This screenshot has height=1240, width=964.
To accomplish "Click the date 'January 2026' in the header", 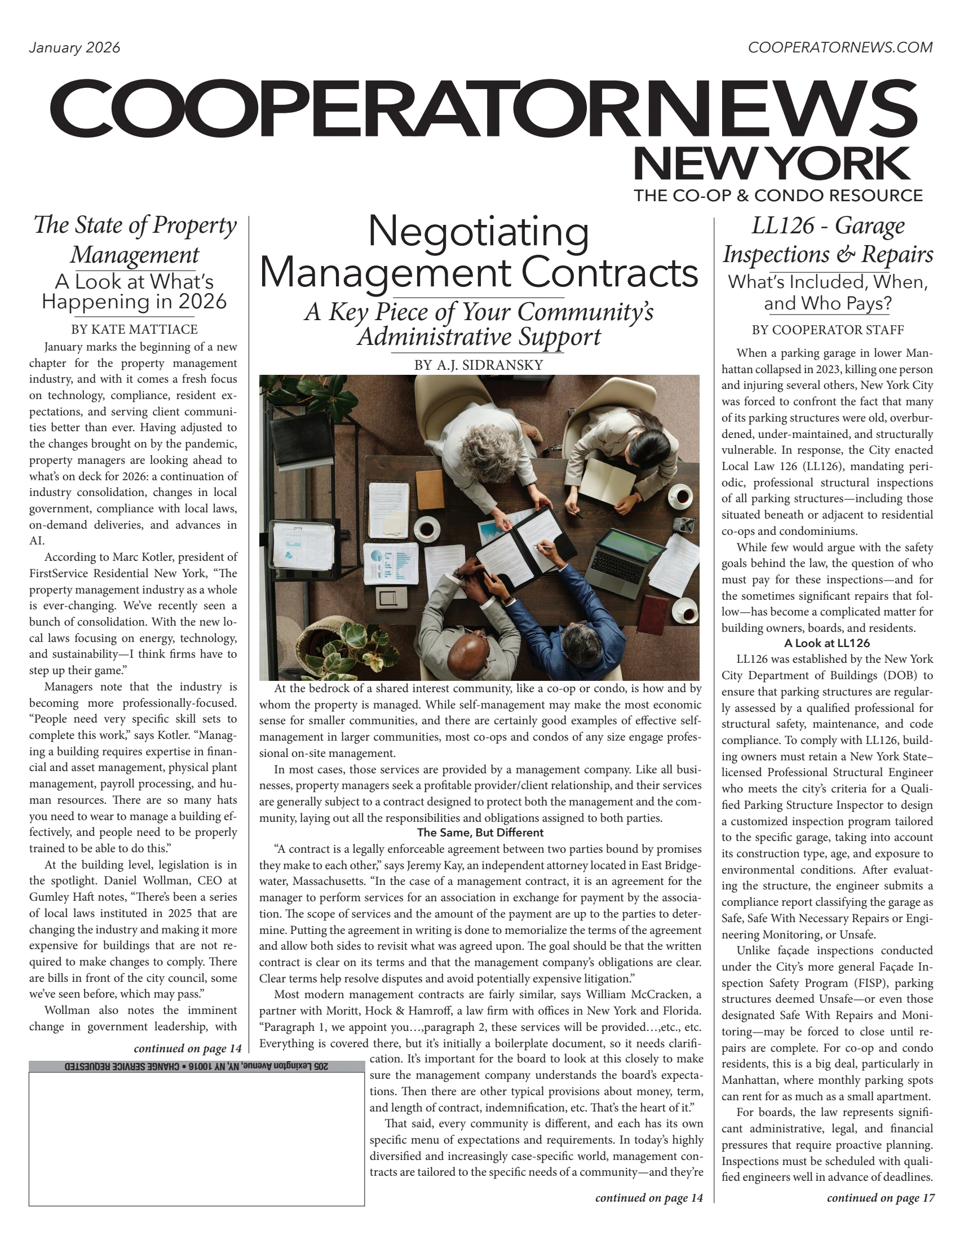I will pyautogui.click(x=74, y=48).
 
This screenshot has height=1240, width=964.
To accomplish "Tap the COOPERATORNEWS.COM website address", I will pyautogui.click(x=839, y=48).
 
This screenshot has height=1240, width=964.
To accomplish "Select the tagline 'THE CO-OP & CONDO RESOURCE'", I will pyautogui.click(x=778, y=196).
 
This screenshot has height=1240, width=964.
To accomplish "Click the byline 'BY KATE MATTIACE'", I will pyautogui.click(x=134, y=329).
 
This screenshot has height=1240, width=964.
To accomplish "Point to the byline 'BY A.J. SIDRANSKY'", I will pyautogui.click(x=478, y=365).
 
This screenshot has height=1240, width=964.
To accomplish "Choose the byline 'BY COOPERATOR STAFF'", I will pyautogui.click(x=827, y=330).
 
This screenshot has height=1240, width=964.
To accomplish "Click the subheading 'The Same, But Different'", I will pyautogui.click(x=480, y=833).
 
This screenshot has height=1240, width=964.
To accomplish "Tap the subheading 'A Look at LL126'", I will pyautogui.click(x=826, y=643).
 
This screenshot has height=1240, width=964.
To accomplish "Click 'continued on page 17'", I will pyautogui.click(x=880, y=1198).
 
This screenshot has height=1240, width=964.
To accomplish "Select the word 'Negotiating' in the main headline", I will pyautogui.click(x=478, y=232).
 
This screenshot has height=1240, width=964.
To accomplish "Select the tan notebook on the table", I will pyautogui.click(x=429, y=489).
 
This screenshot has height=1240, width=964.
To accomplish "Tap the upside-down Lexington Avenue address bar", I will pyautogui.click(x=196, y=1066).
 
